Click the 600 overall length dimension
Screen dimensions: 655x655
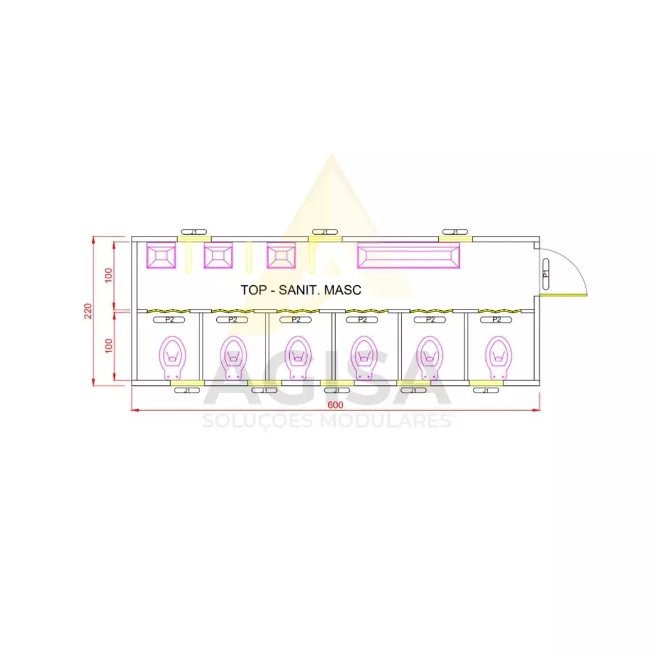[335, 404]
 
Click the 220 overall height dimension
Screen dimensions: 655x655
[88, 311]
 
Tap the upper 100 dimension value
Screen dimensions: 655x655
[109, 275]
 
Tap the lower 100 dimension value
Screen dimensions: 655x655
[109, 346]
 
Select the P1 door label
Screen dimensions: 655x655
[546, 273]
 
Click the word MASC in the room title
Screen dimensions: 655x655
[343, 290]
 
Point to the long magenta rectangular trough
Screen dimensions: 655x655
[408, 255]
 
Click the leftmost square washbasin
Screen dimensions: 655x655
[161, 255]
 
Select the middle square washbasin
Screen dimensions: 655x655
[218, 255]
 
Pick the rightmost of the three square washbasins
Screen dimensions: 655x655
[281, 255]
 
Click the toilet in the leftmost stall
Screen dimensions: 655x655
[173, 358]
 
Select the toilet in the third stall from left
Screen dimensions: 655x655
[299, 358]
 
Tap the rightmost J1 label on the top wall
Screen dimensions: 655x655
[455, 232]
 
